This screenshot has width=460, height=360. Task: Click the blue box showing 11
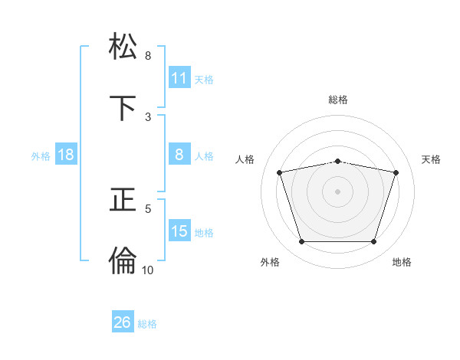179,78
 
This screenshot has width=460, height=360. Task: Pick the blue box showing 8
179,155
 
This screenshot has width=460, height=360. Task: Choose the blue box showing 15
179,231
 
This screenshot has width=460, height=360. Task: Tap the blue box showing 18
66,155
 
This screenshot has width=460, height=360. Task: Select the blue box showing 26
123,322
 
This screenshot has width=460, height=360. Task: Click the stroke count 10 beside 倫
147,270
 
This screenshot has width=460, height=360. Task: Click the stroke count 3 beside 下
148,116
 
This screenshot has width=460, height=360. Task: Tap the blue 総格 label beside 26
147,324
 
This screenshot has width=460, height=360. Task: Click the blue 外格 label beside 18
41,156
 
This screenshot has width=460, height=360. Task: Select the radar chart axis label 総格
338,100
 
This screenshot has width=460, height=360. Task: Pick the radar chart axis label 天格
432,159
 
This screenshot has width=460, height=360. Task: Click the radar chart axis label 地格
402,262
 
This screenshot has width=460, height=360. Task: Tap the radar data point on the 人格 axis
280,172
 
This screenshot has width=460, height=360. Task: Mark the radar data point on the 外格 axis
301,242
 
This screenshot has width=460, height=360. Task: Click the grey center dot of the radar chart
338,191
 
